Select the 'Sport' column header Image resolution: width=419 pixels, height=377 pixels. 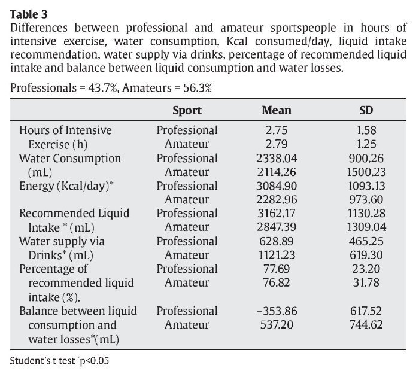(x=187, y=110)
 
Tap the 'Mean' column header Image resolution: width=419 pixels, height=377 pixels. (x=277, y=110)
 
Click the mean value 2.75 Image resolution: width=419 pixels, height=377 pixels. (x=276, y=130)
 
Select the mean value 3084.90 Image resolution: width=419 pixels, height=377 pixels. (x=276, y=186)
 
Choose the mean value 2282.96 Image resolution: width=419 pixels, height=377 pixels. (x=276, y=200)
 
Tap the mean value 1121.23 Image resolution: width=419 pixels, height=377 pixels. (x=276, y=256)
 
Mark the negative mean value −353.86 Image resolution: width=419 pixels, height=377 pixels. (x=276, y=311)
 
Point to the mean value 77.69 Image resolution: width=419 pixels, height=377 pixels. (x=276, y=269)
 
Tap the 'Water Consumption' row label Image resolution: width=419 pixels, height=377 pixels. (x=69, y=159)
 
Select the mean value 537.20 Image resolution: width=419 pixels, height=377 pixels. (x=276, y=325)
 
